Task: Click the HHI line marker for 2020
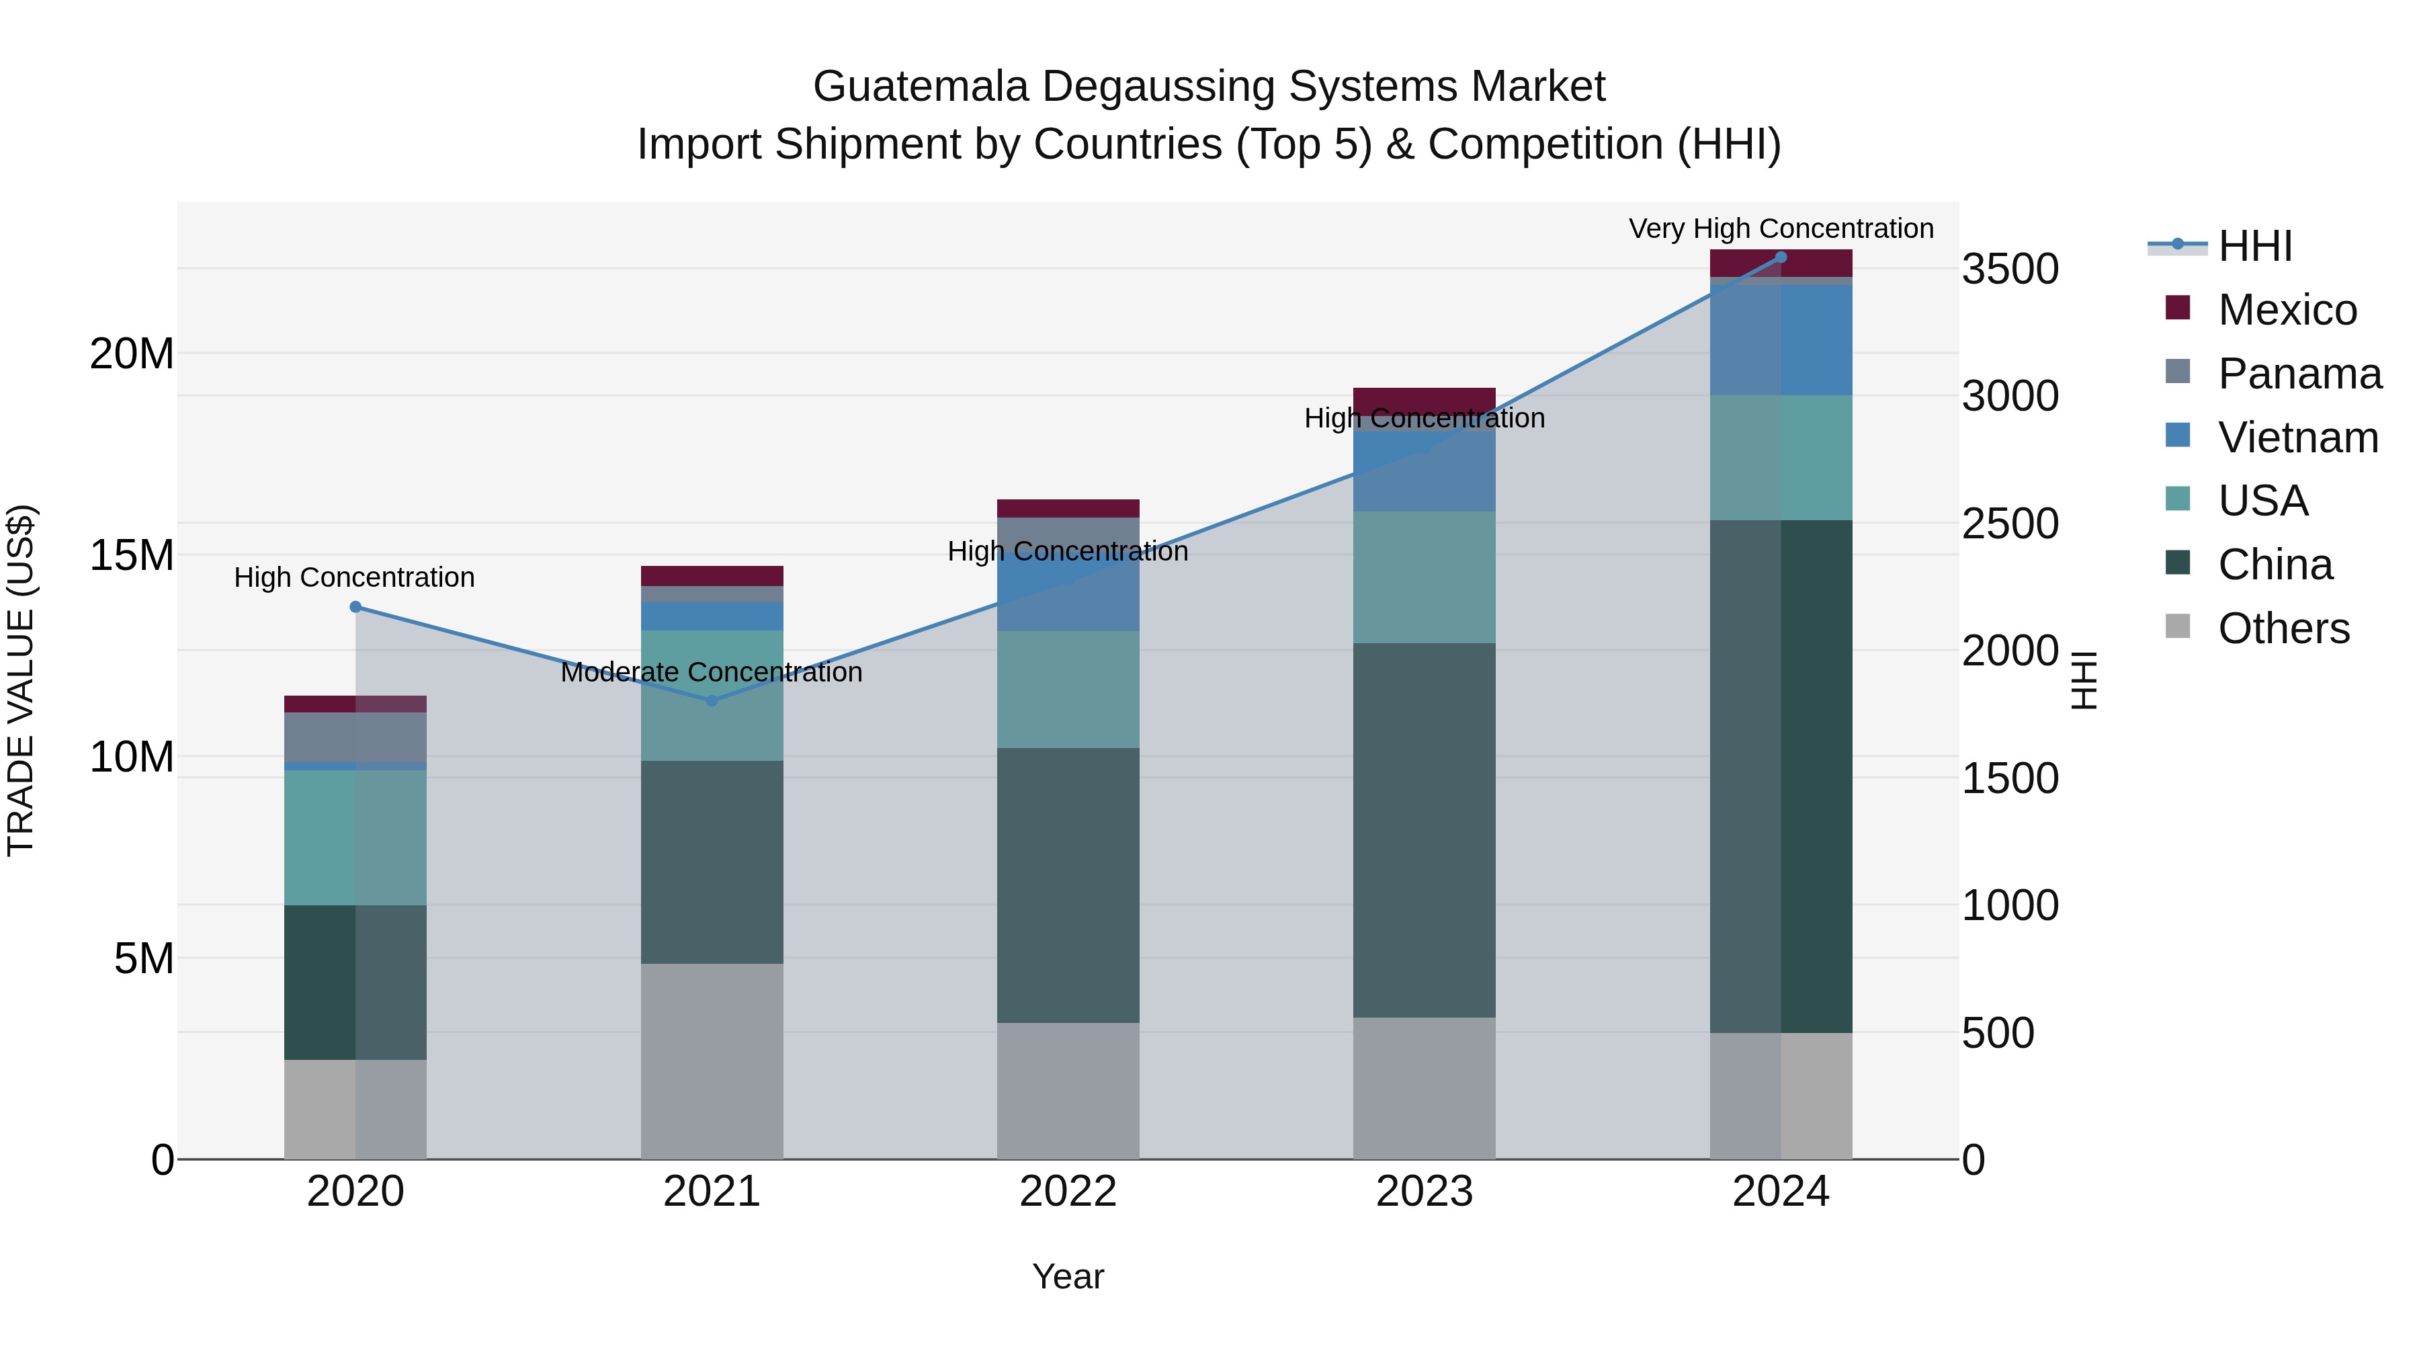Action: pyautogui.click(x=355, y=607)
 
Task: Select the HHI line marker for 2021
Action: pyautogui.click(x=712, y=700)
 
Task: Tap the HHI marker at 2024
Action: pyautogui.click(x=1781, y=257)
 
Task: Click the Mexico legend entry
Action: pyautogui.click(x=2287, y=310)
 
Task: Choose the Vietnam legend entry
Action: pyautogui.click(x=2297, y=438)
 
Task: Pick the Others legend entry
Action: pyautogui.click(x=2283, y=628)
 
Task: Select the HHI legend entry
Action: pyautogui.click(x=2254, y=246)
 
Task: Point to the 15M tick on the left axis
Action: pyautogui.click(x=132, y=555)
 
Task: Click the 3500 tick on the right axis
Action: pyautogui.click(x=2010, y=270)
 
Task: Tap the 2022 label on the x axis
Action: pyautogui.click(x=1068, y=1192)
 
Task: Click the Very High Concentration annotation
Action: pyautogui.click(x=1781, y=229)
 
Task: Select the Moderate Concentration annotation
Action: pyautogui.click(x=711, y=673)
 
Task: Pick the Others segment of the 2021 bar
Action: pyautogui.click(x=712, y=1061)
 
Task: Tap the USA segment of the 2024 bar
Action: pyautogui.click(x=1781, y=458)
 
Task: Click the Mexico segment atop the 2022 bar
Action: pyautogui.click(x=1068, y=508)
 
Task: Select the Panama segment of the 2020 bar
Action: pyautogui.click(x=355, y=737)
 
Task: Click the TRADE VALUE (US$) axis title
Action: pyautogui.click(x=21, y=680)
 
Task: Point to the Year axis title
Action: pyautogui.click(x=1068, y=1276)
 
